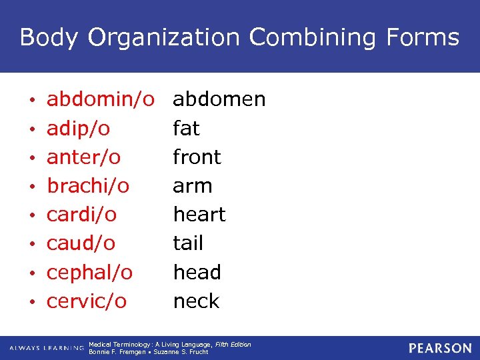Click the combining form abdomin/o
(x=100, y=100)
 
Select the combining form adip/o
(x=79, y=128)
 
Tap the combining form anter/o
(x=83, y=157)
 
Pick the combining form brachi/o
(x=88, y=186)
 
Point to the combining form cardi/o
(x=81, y=215)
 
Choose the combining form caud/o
(x=81, y=243)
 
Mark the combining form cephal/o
(x=89, y=273)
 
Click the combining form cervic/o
(x=86, y=301)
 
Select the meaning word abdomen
(x=219, y=100)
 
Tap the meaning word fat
(x=186, y=128)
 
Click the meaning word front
(x=197, y=157)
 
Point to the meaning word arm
(x=193, y=186)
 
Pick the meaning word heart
(x=199, y=215)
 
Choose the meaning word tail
(x=188, y=243)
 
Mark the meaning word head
(x=197, y=272)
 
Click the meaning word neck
(x=196, y=301)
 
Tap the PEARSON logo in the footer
(x=440, y=348)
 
